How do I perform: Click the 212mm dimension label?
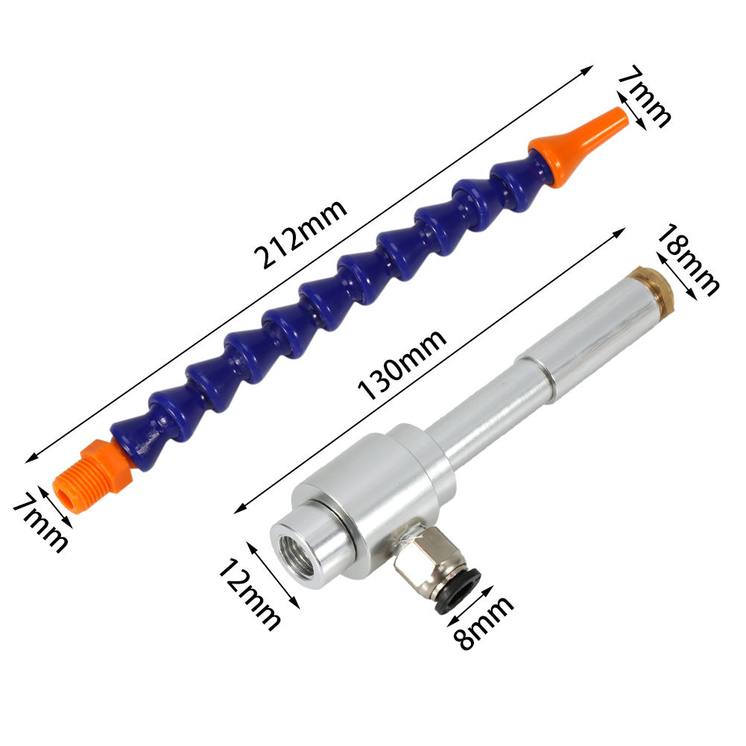[x=300, y=233]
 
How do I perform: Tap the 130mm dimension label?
[x=402, y=364]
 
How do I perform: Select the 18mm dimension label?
[x=687, y=259]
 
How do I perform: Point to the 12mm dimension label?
[x=250, y=595]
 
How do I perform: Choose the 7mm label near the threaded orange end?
[x=40, y=523]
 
